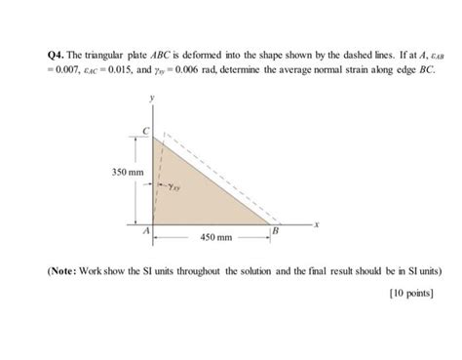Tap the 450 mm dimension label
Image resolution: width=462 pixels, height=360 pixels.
tap(215, 237)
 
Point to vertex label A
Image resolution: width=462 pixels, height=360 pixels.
tap(145, 231)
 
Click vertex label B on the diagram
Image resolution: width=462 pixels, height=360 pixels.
tap(277, 230)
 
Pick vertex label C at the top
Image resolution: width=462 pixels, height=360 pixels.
tap(146, 131)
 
